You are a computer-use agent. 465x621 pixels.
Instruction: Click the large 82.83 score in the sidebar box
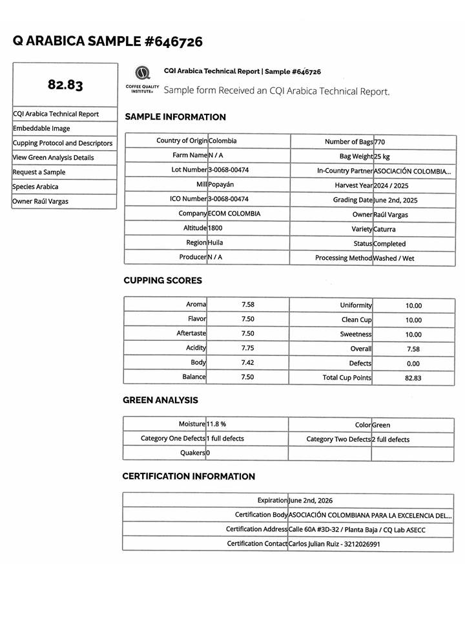tap(65, 85)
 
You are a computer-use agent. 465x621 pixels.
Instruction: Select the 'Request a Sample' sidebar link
tap(39, 172)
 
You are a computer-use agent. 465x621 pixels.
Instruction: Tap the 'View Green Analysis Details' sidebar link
tap(53, 158)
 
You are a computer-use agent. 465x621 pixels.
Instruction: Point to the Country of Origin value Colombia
tap(222, 140)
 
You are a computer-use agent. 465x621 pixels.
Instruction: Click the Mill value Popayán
tap(221, 184)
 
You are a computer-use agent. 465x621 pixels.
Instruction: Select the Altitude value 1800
tap(215, 228)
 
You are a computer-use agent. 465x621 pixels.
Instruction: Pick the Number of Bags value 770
tap(380, 142)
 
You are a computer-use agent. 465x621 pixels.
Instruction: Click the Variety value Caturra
tap(385, 229)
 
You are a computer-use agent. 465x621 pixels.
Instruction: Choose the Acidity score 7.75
tap(247, 348)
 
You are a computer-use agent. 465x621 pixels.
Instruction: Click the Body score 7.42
tap(247, 363)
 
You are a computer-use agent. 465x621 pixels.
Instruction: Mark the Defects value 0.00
tap(413, 364)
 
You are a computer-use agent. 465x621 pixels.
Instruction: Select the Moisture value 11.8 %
tap(216, 424)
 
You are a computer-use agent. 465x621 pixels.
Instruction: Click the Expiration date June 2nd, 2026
tap(311, 500)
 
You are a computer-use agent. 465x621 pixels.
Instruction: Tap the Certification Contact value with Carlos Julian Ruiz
tap(334, 544)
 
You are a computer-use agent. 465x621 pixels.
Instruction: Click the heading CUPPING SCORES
tap(163, 281)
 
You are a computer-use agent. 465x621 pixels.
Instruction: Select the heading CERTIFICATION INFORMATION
tap(189, 477)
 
